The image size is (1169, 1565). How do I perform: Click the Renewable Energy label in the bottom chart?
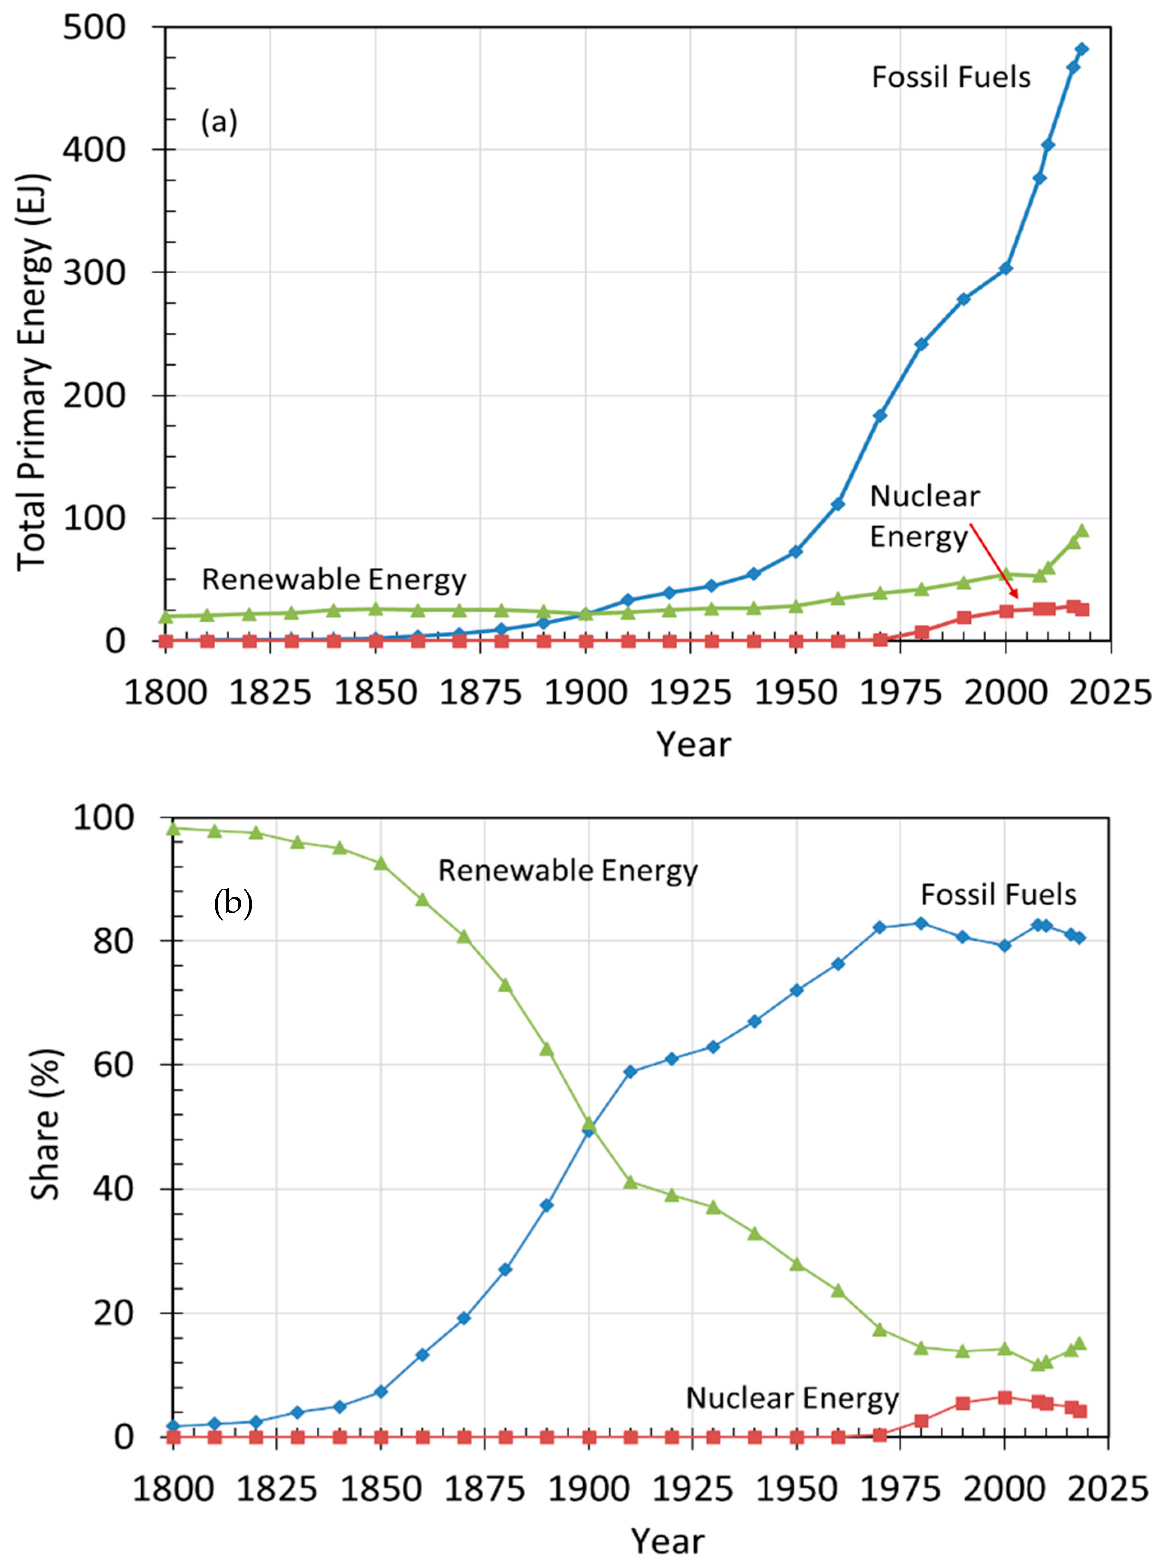[x=568, y=870]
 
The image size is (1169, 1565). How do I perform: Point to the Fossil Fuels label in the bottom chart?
[x=998, y=895]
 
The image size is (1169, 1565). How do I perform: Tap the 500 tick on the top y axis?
[x=104, y=27]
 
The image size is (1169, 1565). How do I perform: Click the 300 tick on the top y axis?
[x=104, y=272]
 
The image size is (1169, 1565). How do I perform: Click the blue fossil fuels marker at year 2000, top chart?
[x=1005, y=268]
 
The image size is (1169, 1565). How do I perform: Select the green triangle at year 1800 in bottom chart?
[x=173, y=828]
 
